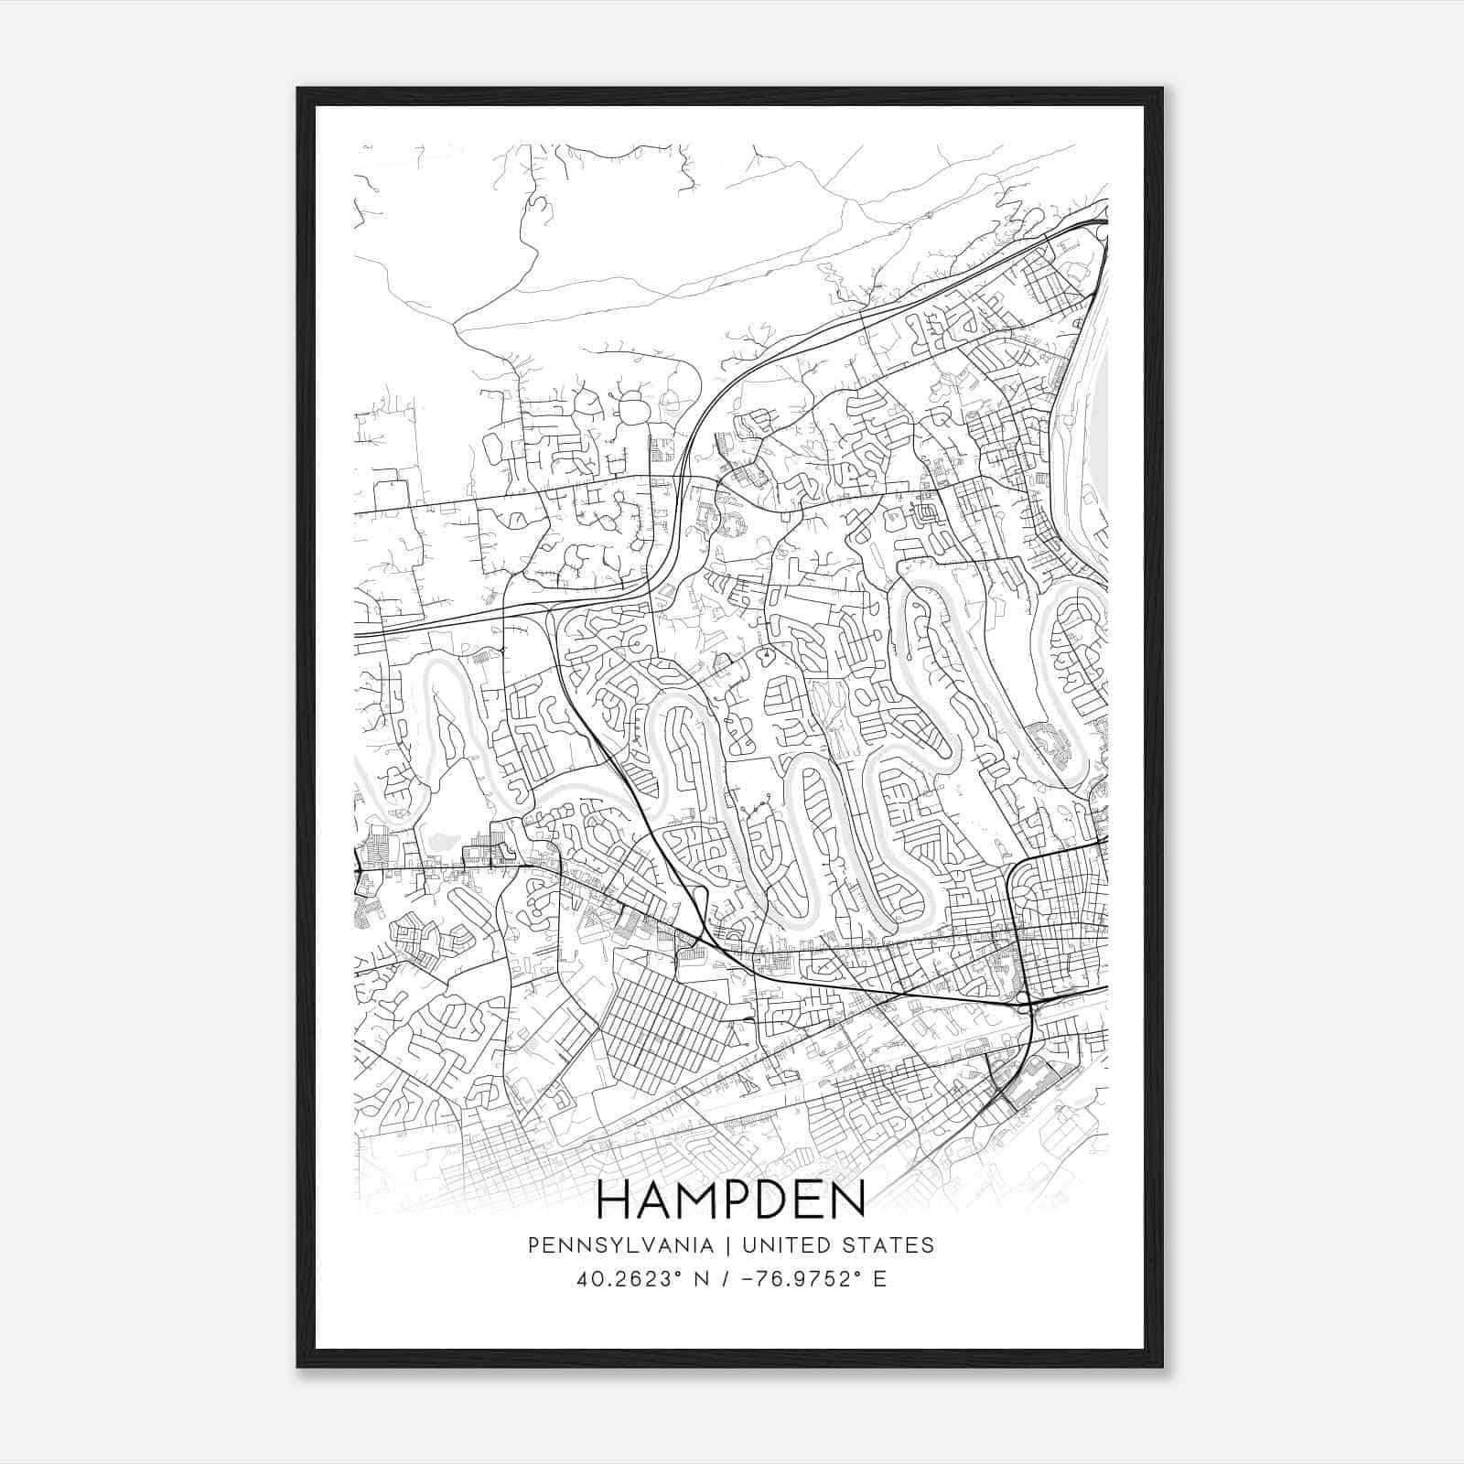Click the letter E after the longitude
pos(880,1279)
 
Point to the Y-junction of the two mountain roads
pos(455,322)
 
